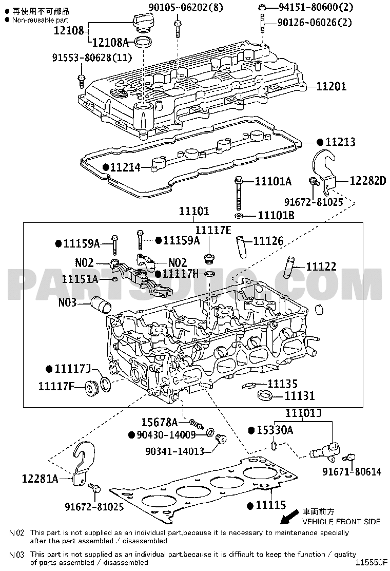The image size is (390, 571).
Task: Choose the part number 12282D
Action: [x=367, y=180]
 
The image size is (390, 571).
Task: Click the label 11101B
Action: [x=276, y=215]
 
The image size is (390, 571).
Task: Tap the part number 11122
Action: [x=321, y=267]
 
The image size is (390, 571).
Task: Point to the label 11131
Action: [x=300, y=396]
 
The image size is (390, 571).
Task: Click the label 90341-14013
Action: [x=174, y=451]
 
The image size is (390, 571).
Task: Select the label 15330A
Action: [x=275, y=430]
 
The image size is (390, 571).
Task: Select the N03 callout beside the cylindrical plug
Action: [x=68, y=303]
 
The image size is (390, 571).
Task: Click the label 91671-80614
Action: [x=352, y=471]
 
